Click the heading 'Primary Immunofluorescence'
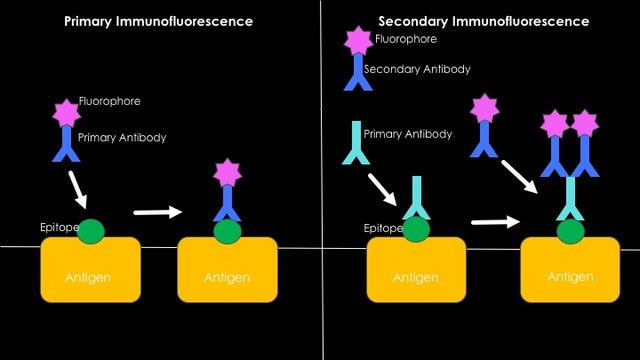[158, 21]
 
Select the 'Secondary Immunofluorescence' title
[483, 21]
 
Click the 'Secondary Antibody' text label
[417, 69]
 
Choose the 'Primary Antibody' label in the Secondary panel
[408, 133]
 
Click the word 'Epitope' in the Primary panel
[59, 228]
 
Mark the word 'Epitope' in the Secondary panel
[383, 228]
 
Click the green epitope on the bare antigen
[90, 229]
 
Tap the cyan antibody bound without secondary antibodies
[416, 198]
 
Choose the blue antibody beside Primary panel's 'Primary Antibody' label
[66, 146]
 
